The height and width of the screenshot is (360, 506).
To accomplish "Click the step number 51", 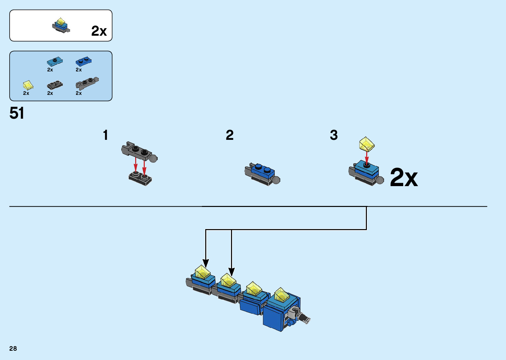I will point(17,113).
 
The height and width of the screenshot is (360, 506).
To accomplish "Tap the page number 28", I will point(13,348).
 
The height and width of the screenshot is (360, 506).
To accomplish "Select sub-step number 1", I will point(105,135).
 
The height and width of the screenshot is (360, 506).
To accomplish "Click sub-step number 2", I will point(230,135).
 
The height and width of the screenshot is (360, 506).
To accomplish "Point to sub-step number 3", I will point(334,135).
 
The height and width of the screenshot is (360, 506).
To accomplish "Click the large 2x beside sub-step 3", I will point(404,178).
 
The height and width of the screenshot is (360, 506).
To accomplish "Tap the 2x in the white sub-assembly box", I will point(99,31).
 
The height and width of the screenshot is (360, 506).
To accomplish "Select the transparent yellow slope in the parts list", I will point(28,85).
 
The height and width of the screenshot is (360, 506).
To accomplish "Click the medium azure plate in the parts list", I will point(55,61).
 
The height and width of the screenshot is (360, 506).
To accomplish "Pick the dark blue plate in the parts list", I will point(84,61).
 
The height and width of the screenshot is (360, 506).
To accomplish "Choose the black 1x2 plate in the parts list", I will point(55,85).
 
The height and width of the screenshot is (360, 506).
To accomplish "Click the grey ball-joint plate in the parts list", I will point(87,83).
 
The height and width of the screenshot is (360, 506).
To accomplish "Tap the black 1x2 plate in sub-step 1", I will point(140,179).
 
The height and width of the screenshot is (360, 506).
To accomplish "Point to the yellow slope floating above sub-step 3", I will point(367,144).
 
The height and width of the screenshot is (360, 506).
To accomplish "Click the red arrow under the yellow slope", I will point(367,157).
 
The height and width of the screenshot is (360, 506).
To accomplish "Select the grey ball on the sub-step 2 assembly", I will point(276,180).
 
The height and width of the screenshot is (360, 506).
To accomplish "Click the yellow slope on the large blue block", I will point(281,295).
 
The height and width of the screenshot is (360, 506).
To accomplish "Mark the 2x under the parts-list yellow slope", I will point(26,93).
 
